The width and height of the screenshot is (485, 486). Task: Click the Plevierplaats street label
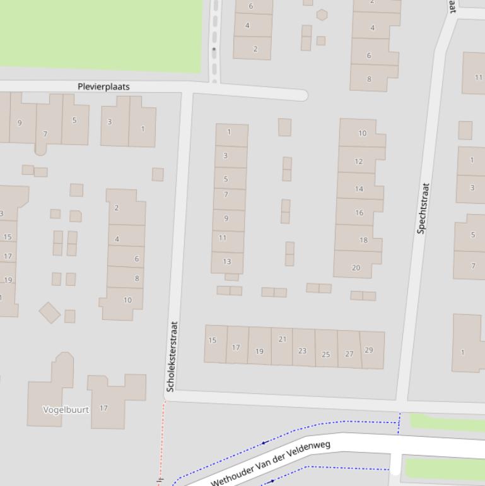click(x=103, y=86)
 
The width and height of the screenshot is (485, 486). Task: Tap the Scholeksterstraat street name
click(x=172, y=357)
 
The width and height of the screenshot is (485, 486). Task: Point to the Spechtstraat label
click(x=423, y=208)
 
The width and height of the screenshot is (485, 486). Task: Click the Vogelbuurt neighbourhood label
click(x=66, y=410)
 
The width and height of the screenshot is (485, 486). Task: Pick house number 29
click(x=369, y=350)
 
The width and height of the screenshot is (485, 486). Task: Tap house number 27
click(x=349, y=353)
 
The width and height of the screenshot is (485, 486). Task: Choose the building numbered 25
click(x=326, y=354)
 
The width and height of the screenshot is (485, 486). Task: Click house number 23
click(x=302, y=351)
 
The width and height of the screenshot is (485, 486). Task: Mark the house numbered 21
click(x=282, y=340)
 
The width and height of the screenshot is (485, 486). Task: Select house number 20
click(x=356, y=268)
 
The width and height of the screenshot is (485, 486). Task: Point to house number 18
click(x=363, y=240)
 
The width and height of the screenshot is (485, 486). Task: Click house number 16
click(x=359, y=213)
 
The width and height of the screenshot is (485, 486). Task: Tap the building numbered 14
click(x=359, y=189)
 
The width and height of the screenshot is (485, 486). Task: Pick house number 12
click(x=358, y=162)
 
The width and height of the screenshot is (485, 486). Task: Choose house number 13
click(x=226, y=261)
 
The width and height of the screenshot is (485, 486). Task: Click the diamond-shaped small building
click(x=50, y=312)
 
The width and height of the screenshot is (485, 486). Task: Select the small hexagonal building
click(x=322, y=15)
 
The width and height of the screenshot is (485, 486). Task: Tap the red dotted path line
click(x=162, y=442)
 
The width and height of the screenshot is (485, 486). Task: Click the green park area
click(x=101, y=32)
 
